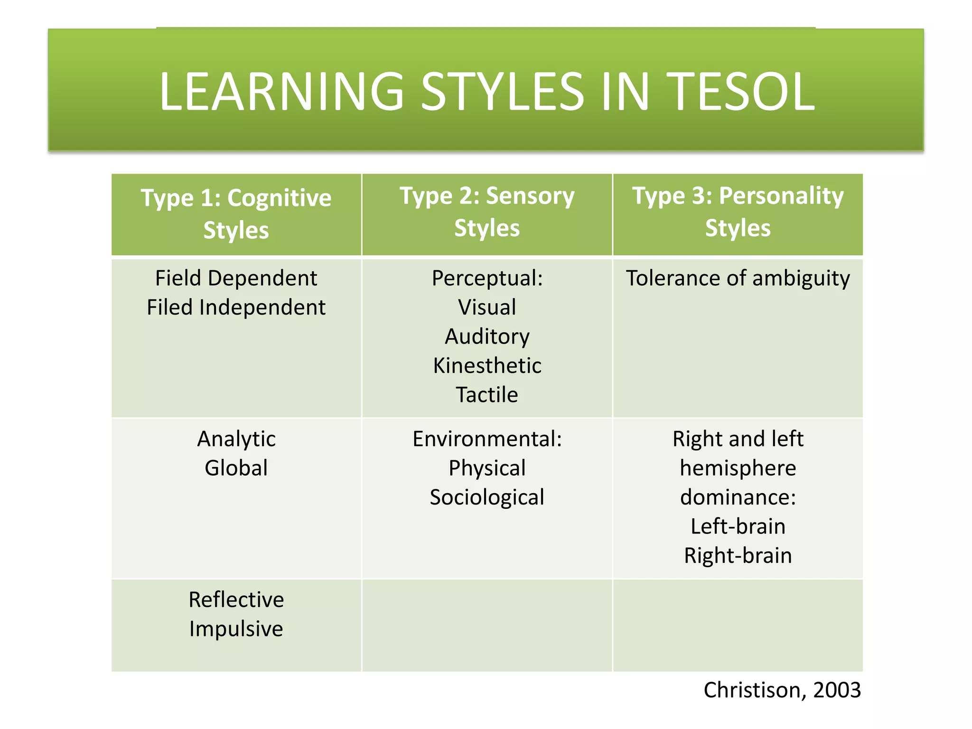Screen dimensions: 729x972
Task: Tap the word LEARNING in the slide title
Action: tap(281, 92)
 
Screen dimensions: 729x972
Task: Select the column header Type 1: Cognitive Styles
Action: tap(236, 214)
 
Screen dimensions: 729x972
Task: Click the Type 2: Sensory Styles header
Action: tap(487, 212)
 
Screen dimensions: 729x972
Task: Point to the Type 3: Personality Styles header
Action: tap(738, 212)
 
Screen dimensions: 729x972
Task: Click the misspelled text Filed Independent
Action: tap(236, 308)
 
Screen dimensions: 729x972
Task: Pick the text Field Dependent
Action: tap(236, 278)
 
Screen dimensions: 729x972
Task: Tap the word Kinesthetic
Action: tap(487, 366)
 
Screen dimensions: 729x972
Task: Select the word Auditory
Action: tap(487, 337)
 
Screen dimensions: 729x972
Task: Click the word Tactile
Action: tap(487, 395)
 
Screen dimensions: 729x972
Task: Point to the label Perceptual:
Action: tap(487, 278)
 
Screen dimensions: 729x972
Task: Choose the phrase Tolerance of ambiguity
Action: tap(738, 279)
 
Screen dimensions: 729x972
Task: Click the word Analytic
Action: tap(236, 439)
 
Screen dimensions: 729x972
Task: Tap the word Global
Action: tap(236, 468)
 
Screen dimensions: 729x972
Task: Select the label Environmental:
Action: tap(487, 439)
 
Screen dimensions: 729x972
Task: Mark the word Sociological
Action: tap(487, 497)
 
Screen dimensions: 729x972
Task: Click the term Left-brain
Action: tap(738, 526)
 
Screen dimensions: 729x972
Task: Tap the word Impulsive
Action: tap(236, 629)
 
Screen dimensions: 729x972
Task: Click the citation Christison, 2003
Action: tap(782, 690)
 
